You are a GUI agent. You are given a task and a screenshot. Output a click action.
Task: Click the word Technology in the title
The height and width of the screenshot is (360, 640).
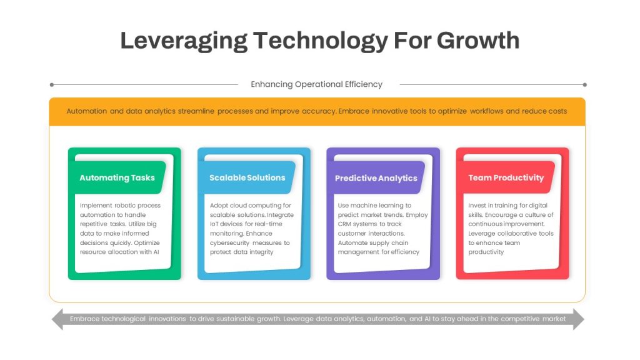[x=321, y=41]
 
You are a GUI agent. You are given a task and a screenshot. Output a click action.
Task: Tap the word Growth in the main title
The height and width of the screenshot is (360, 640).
[x=478, y=41]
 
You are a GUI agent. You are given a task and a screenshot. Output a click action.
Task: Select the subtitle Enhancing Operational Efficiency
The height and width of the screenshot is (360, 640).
[x=316, y=84]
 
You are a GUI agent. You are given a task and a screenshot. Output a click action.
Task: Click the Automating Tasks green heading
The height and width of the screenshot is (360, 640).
[x=117, y=178]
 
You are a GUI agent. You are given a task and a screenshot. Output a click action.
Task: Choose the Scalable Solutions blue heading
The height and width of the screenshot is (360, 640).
[x=247, y=177]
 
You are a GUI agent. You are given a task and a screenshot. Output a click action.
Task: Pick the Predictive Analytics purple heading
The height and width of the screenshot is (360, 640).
[x=376, y=178]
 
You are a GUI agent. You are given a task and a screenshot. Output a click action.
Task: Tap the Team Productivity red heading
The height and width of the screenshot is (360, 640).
[x=506, y=178]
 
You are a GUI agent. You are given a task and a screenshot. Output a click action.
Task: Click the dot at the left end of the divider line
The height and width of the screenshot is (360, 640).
[x=52, y=85]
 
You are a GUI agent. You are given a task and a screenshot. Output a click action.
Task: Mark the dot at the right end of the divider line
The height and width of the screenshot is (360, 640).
[x=585, y=85]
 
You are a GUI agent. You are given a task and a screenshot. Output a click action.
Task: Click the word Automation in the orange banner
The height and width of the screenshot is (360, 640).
[x=86, y=111]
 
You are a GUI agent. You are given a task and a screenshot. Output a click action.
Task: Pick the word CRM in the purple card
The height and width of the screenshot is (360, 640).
[x=344, y=224]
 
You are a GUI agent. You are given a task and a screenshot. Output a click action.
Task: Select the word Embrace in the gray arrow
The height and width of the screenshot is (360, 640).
[x=84, y=319]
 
